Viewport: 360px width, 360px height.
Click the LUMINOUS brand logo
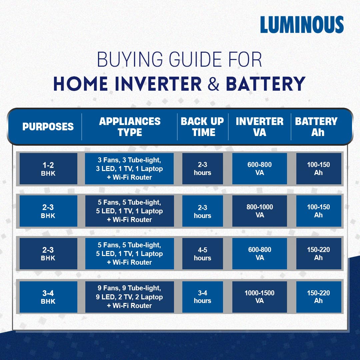pos(302,25)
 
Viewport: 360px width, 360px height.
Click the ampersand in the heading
pos(213,84)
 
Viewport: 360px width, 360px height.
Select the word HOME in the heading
pos(80,84)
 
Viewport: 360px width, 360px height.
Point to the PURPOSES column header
pos(48,127)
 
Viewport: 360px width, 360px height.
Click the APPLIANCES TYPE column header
pos(130,127)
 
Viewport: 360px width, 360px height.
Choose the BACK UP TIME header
pos(203,127)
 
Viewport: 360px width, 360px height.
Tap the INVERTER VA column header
pos(259,127)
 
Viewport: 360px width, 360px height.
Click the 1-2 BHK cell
pos(48,169)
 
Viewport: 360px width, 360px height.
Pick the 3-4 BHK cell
pos(48,297)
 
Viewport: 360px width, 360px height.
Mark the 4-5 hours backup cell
pos(203,254)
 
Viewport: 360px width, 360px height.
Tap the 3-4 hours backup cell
pos(203,297)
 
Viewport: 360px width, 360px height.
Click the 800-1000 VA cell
pos(259,211)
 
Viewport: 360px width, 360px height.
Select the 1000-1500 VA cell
pos(259,297)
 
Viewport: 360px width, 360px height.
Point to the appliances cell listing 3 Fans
pos(129,169)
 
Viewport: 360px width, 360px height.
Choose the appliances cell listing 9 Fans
pos(129,297)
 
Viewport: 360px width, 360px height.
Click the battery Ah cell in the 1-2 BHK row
pos(319,169)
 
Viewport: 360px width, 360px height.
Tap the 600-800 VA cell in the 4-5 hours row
pos(259,254)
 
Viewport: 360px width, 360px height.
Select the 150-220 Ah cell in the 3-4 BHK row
pos(319,297)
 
